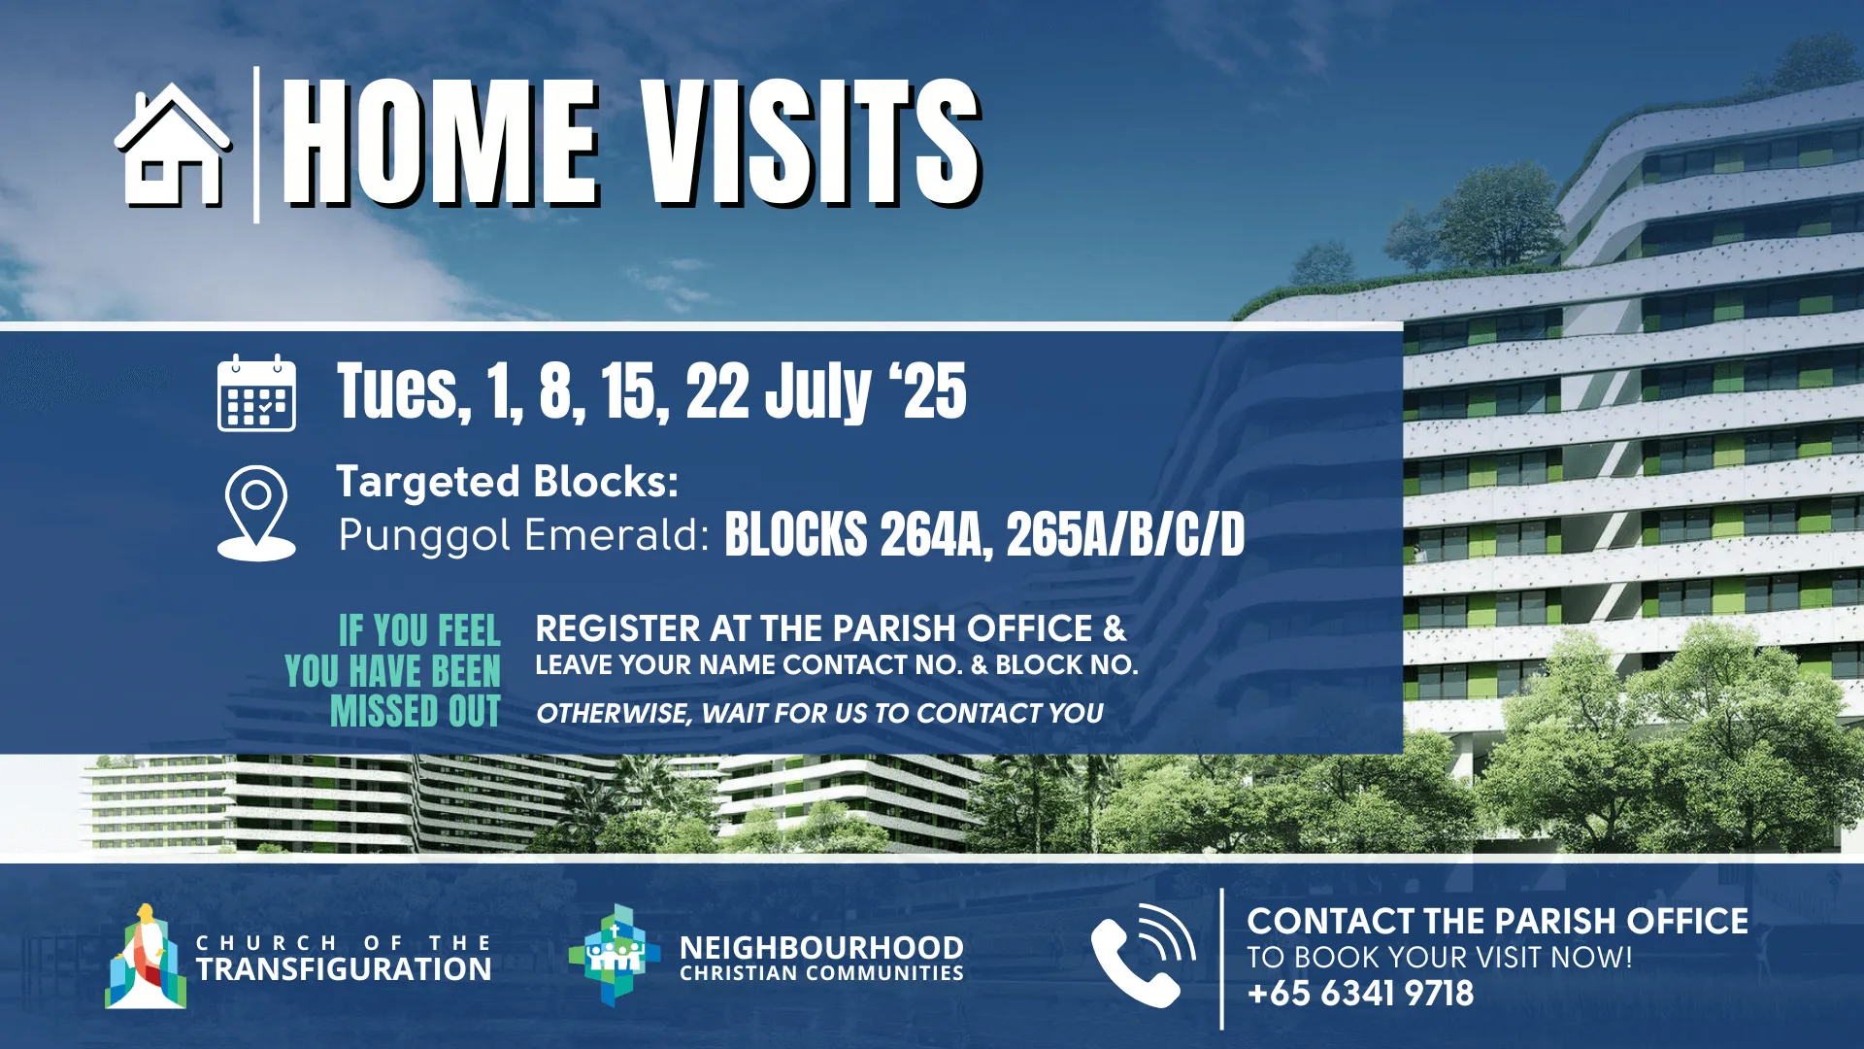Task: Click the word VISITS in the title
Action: click(x=811, y=144)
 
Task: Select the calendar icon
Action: click(x=256, y=392)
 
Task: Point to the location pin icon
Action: click(x=256, y=513)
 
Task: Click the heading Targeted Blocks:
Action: click(x=507, y=482)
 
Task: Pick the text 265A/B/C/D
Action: click(x=1125, y=535)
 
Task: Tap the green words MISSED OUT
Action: click(x=416, y=711)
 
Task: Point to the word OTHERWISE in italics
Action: click(x=612, y=714)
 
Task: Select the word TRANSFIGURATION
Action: click(x=344, y=969)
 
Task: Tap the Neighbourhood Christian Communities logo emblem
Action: click(x=614, y=955)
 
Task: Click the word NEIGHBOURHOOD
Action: click(x=821, y=947)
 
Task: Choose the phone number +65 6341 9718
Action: click(x=1360, y=994)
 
